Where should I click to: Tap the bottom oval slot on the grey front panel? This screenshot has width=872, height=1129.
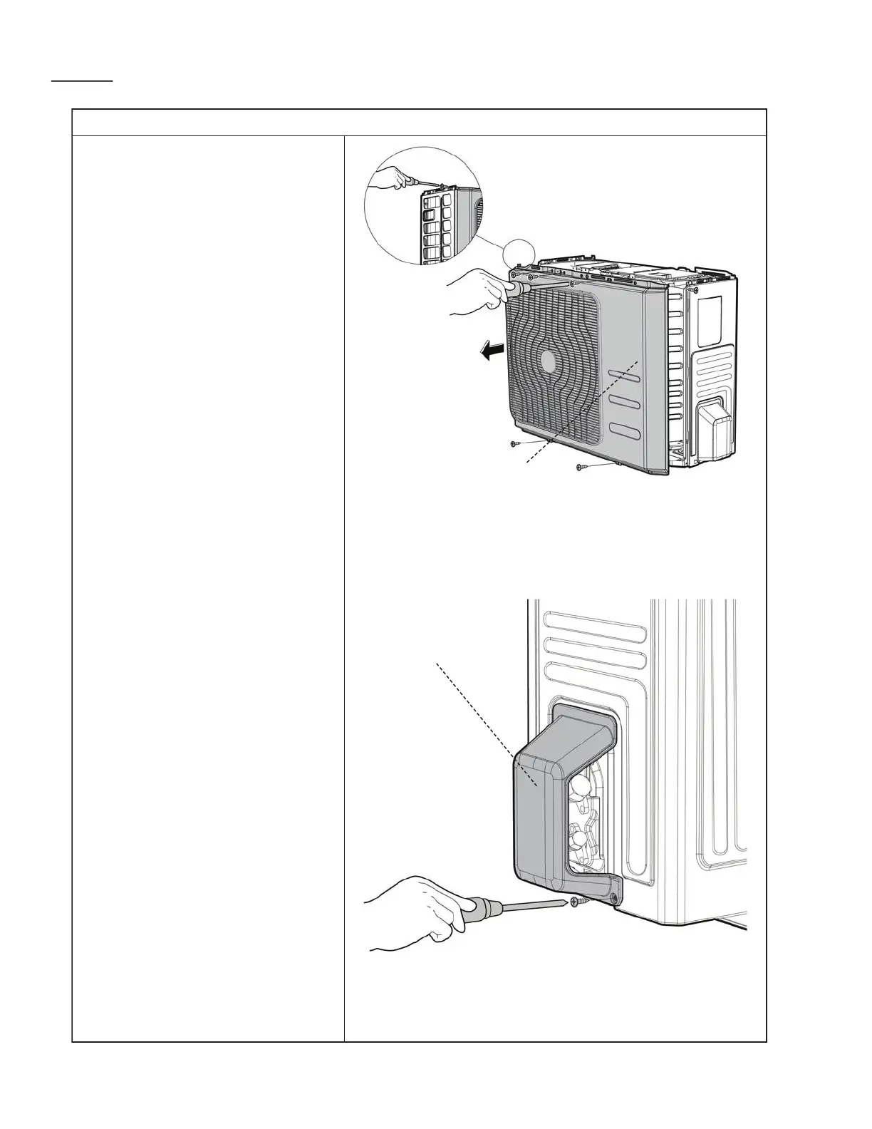tap(623, 431)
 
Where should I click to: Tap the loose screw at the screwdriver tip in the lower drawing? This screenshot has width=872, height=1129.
tap(579, 902)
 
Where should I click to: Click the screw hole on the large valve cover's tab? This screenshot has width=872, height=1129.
tap(613, 898)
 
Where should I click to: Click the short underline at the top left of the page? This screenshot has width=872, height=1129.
tap(82, 82)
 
